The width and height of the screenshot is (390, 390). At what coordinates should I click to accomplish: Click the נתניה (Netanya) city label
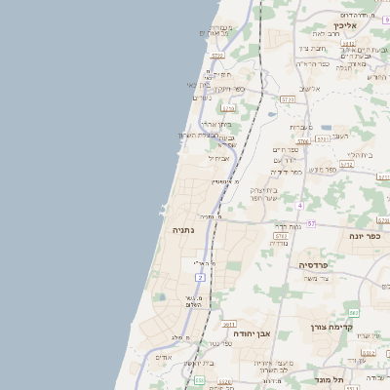click(183, 230)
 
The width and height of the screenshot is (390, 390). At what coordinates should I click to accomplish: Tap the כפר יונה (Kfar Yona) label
click(366, 236)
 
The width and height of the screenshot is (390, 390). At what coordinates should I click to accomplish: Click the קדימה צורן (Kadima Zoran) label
click(330, 327)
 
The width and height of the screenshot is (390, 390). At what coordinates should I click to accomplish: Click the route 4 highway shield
click(300, 206)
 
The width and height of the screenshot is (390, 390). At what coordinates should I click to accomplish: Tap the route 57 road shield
click(312, 224)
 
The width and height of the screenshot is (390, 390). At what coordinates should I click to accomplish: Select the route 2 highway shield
click(200, 278)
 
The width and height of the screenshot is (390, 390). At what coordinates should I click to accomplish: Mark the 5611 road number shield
click(229, 324)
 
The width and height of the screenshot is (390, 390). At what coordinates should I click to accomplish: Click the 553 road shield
click(198, 380)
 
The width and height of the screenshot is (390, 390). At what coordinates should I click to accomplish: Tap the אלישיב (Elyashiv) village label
click(310, 89)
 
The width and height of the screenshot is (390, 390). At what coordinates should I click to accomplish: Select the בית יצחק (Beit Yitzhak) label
click(263, 190)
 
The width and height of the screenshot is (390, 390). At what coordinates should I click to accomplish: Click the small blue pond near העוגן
click(325, 127)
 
